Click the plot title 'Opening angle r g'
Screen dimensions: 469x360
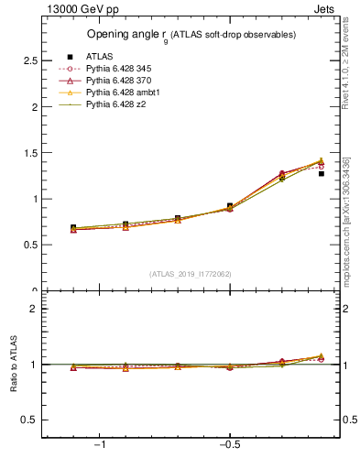(x=191, y=35)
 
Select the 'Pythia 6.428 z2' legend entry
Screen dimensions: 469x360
(x=116, y=105)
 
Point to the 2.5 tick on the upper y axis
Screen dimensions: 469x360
(x=30, y=60)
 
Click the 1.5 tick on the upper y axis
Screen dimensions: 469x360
(x=30, y=153)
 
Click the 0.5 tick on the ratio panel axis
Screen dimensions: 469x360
(x=30, y=420)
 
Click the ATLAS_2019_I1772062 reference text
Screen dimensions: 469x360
(x=191, y=273)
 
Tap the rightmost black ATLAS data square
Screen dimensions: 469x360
(x=321, y=173)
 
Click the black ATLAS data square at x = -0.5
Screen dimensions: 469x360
(x=230, y=206)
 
